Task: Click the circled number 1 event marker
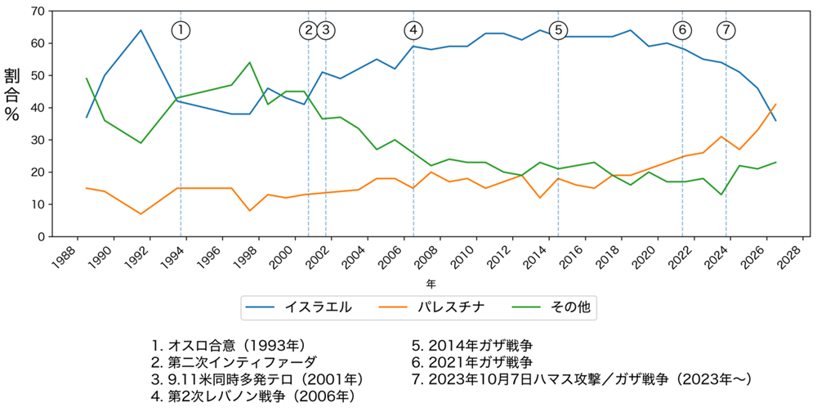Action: pyautogui.click(x=181, y=30)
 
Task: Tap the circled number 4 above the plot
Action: pyautogui.click(x=413, y=30)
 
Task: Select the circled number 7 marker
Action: pyautogui.click(x=726, y=30)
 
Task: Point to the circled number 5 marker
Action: pyautogui.click(x=558, y=30)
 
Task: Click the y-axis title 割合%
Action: pyautogui.click(x=11, y=94)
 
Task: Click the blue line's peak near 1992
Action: pyautogui.click(x=141, y=30)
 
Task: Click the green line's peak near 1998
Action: pyautogui.click(x=249, y=63)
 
